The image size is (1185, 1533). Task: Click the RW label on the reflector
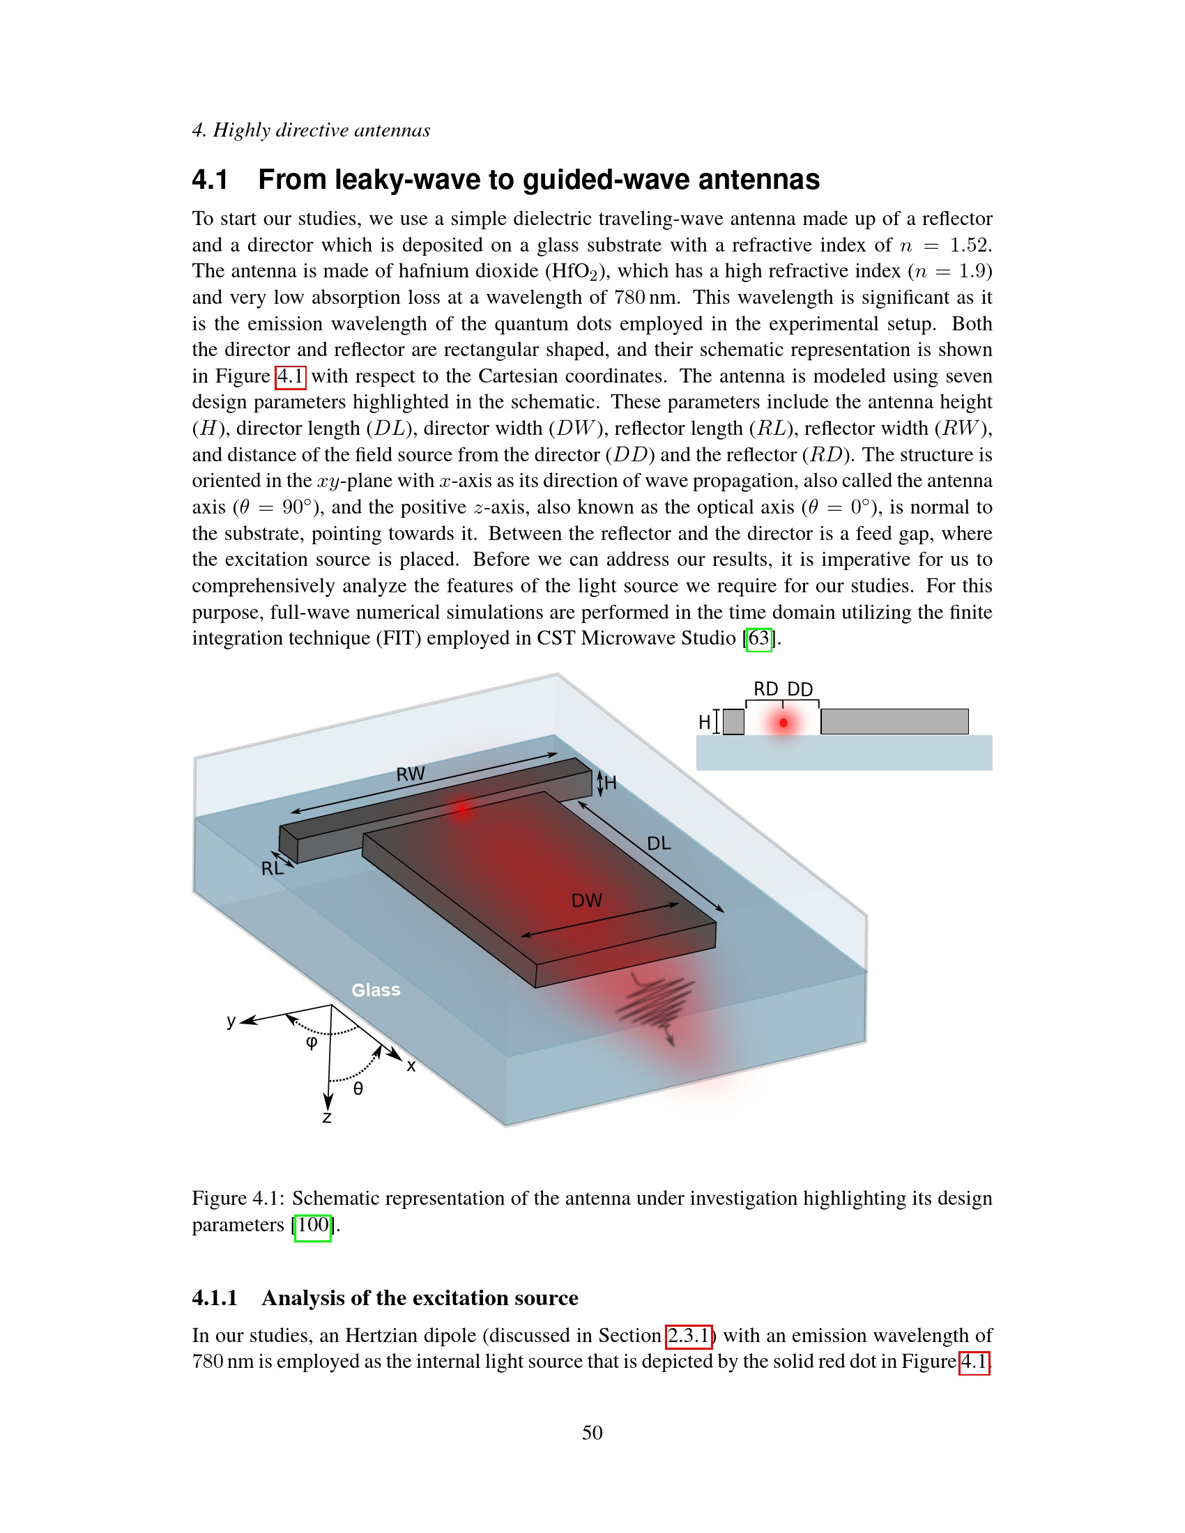tap(410, 773)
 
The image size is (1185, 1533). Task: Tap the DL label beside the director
tap(659, 843)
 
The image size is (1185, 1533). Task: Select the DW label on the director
tap(586, 900)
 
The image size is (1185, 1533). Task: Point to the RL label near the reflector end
tap(272, 868)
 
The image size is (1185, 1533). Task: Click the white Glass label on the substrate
tap(376, 989)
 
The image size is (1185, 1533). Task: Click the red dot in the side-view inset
tap(783, 723)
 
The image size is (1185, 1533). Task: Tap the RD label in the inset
tap(765, 689)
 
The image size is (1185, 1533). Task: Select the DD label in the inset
tap(800, 689)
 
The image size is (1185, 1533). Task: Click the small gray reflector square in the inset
tap(733, 722)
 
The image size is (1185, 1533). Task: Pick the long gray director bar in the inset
tap(894, 722)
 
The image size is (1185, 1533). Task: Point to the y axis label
tap(231, 1021)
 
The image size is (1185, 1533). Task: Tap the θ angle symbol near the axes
tap(358, 1088)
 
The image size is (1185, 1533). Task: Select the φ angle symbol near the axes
tap(312, 1042)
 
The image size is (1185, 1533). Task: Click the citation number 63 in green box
tap(759, 639)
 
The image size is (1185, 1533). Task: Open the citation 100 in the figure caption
tap(312, 1225)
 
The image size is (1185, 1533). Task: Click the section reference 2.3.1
tap(689, 1335)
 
